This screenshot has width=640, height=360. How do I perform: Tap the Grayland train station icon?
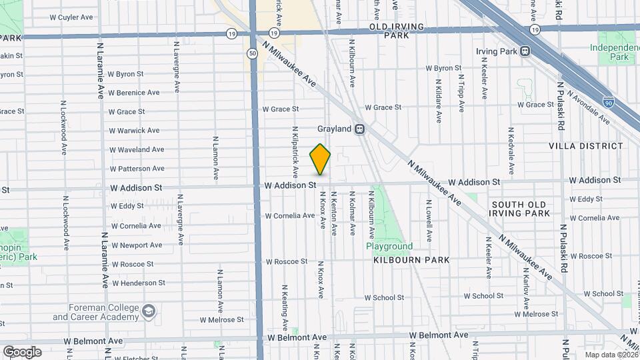coord(360,129)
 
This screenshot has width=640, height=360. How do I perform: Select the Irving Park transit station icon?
coord(526,51)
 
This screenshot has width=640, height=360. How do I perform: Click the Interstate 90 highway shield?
coord(609,101)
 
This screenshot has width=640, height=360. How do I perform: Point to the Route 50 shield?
coord(252,53)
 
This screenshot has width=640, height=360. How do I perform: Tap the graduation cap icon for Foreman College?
coord(149,311)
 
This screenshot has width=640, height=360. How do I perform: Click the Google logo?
coord(21,352)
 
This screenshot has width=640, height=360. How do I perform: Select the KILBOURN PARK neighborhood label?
coord(411,259)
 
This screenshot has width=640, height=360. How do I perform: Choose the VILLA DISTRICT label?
coord(585,146)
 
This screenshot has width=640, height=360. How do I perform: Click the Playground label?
coord(389,247)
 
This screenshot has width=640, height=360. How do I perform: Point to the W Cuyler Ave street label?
coord(71,17)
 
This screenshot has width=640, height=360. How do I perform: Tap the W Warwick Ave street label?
coord(134,131)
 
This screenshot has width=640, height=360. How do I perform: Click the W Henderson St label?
coord(138,283)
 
